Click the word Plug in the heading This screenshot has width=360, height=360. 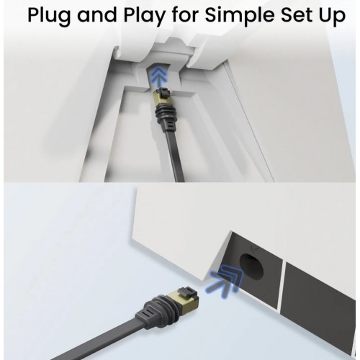[x=50, y=16]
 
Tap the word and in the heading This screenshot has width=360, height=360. [x=98, y=15]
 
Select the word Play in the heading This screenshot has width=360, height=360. [x=145, y=16]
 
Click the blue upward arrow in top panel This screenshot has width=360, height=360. [x=157, y=77]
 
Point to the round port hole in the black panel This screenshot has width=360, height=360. [x=251, y=266]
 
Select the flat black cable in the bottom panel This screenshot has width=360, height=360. [x=101, y=341]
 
